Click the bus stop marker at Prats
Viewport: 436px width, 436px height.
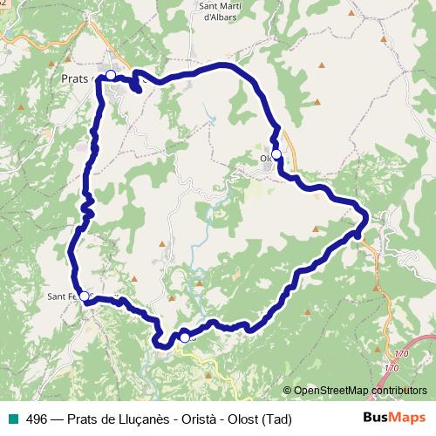pyautogui.click(x=111, y=76)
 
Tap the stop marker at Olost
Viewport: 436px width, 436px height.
pyautogui.click(x=276, y=154)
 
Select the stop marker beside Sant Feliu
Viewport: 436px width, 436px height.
pyautogui.click(x=84, y=296)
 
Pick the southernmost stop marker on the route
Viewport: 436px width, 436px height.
pyautogui.click(x=185, y=337)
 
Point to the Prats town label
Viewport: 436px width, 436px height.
pyautogui.click(x=77, y=78)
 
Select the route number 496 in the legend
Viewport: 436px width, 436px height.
pyautogui.click(x=37, y=419)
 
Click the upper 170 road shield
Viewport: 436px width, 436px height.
pyautogui.click(x=400, y=353)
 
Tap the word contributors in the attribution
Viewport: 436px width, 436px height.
pyautogui.click(x=392, y=391)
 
